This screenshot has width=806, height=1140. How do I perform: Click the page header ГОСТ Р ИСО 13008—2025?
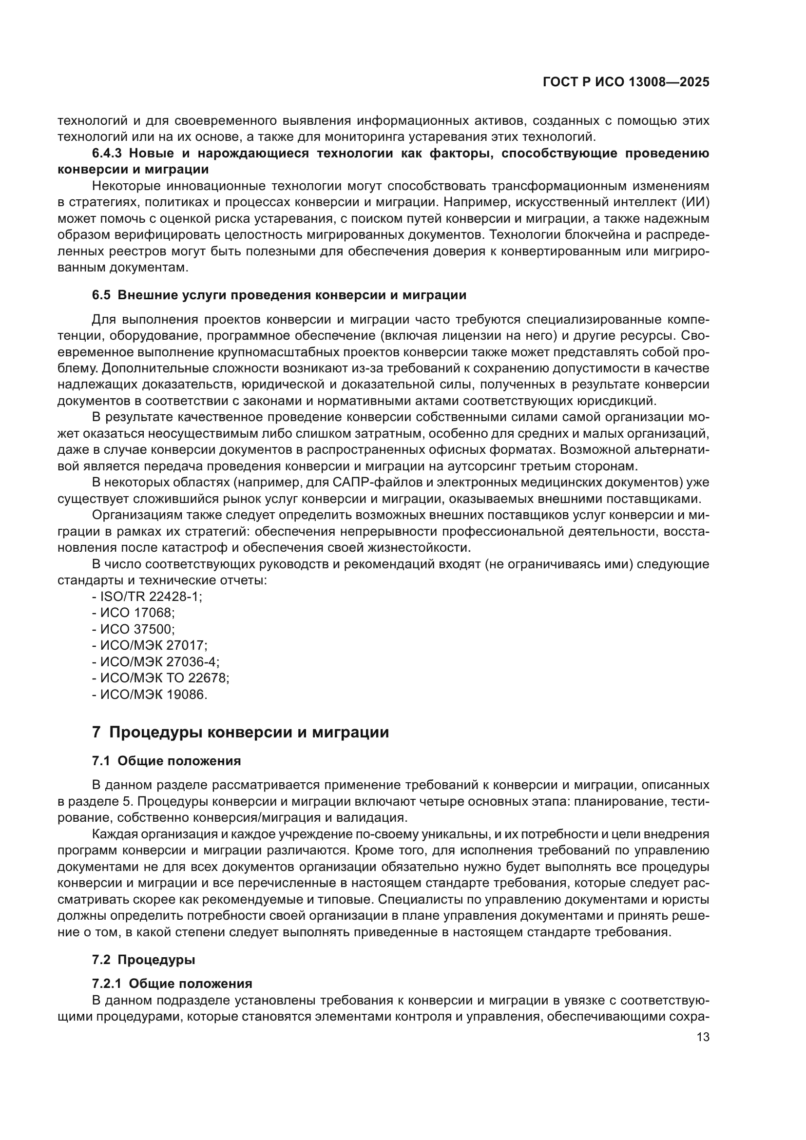(x=626, y=82)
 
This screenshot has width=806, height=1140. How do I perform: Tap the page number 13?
(x=703, y=1037)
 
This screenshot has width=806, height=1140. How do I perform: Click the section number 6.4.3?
(x=107, y=154)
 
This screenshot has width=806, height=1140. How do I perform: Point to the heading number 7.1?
(x=101, y=761)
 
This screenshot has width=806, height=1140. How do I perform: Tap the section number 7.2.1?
(x=107, y=984)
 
